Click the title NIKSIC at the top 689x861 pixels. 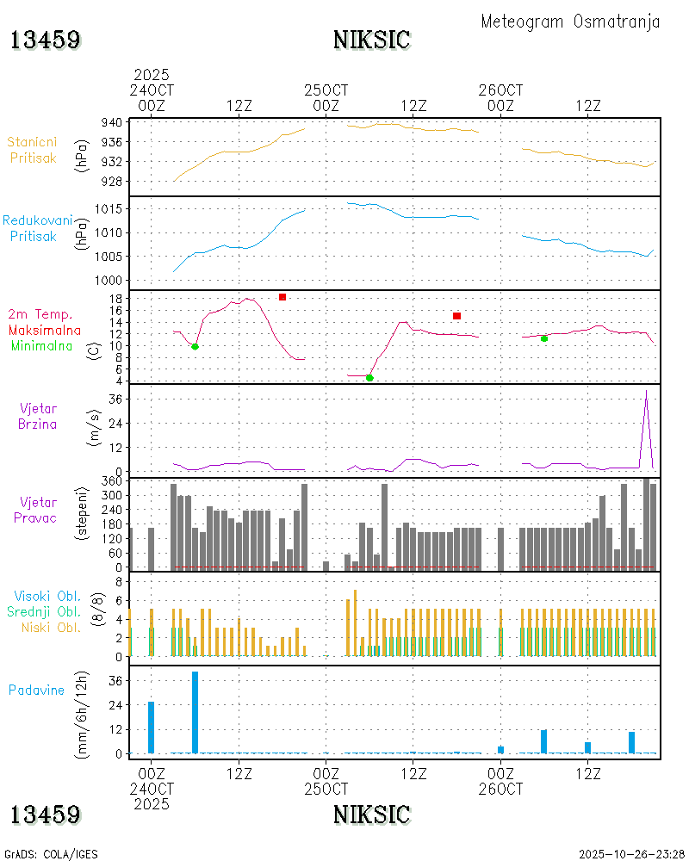tap(371, 40)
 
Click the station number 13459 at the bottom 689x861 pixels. tap(46, 814)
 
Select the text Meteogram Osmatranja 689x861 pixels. tap(570, 22)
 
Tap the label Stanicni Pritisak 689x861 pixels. tap(34, 149)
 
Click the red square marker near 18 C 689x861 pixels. tap(282, 297)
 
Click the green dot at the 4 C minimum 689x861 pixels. tap(369, 378)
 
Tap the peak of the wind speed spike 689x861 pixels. tap(646, 391)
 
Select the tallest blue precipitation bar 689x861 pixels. tap(196, 711)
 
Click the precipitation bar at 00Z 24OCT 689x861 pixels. tap(152, 728)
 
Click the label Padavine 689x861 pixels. tap(37, 690)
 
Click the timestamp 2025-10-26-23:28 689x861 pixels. tap(631, 854)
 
